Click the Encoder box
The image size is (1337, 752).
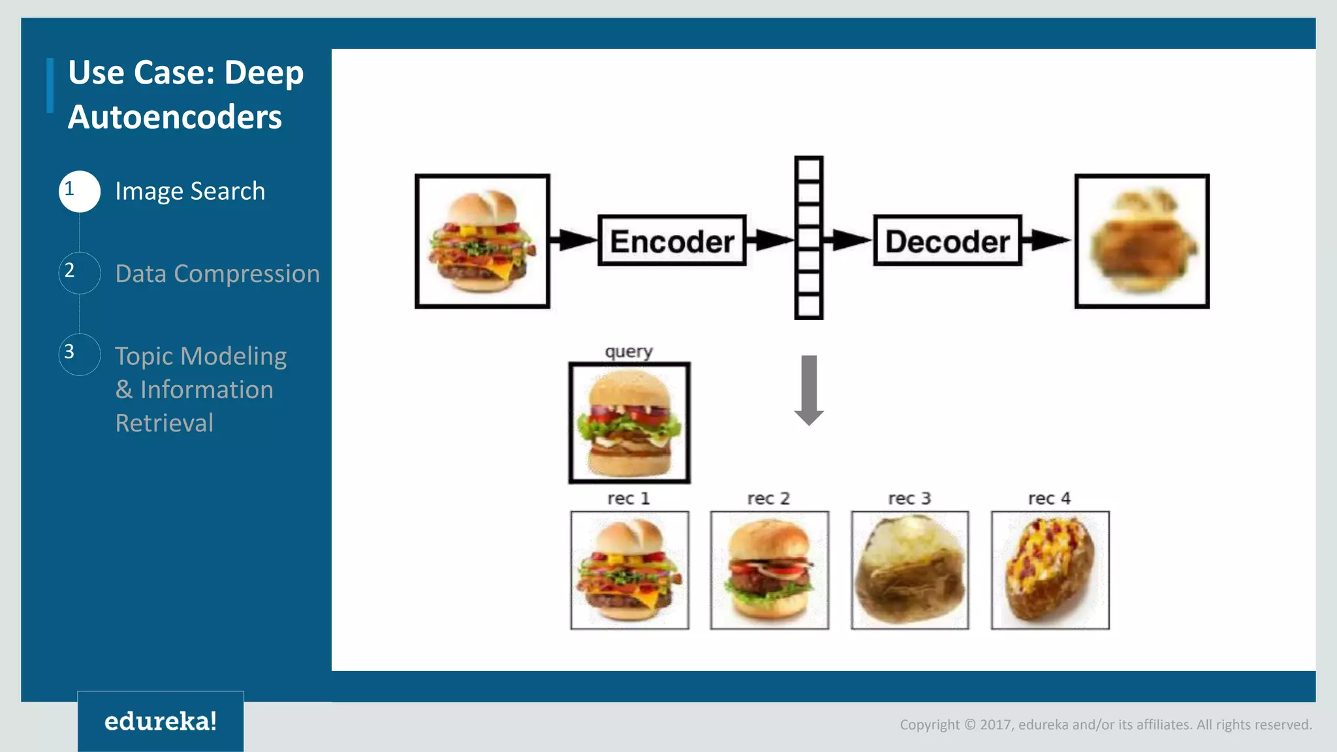(672, 240)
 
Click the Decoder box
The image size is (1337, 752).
(947, 240)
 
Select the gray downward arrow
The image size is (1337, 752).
(809, 390)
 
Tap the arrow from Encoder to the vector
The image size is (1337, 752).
(770, 240)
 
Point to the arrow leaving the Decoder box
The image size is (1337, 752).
(1046, 240)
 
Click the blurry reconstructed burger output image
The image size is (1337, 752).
(1142, 241)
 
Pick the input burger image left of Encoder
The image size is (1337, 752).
(482, 241)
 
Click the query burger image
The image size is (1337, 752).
(629, 423)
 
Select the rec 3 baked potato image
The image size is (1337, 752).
(910, 570)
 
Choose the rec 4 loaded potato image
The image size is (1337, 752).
(1050, 570)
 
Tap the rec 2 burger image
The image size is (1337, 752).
(770, 570)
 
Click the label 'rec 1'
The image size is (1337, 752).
(629, 499)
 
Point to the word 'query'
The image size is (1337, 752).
(629, 352)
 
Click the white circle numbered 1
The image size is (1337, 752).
(80, 191)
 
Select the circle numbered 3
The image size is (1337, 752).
(80, 354)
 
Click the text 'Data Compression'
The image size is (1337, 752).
(217, 274)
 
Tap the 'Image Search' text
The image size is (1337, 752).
(190, 191)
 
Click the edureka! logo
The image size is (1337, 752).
(161, 721)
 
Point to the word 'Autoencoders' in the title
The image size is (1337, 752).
(175, 117)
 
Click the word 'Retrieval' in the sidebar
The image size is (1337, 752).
(165, 423)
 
